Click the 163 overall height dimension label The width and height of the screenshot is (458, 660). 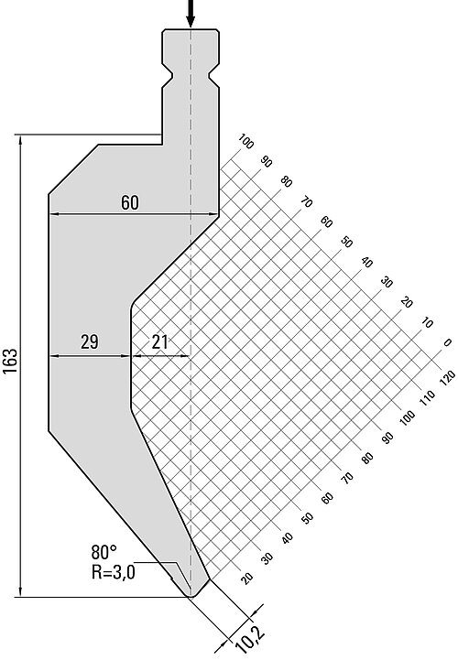click(x=10, y=361)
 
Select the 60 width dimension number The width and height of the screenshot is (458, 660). click(x=130, y=202)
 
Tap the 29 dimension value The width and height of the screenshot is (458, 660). click(x=90, y=341)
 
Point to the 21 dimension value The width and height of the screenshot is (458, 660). click(x=159, y=341)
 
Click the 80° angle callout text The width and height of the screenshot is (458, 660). click(x=104, y=551)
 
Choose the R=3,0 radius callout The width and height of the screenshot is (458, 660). click(x=114, y=572)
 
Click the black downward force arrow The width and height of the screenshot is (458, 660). click(x=191, y=13)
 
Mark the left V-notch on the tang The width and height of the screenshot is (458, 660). click(x=168, y=77)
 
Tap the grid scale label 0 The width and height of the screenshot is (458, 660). click(x=448, y=343)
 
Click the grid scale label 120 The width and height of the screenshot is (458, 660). click(x=447, y=377)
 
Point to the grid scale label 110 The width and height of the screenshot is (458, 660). click(x=427, y=398)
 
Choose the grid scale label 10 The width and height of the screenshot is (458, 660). click(x=427, y=323)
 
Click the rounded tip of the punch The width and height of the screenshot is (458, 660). click(x=191, y=595)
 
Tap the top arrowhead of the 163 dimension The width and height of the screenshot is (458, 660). click(x=20, y=141)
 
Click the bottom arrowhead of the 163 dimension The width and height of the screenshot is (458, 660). click(x=20, y=590)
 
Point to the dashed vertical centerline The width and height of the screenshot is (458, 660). click(x=191, y=311)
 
